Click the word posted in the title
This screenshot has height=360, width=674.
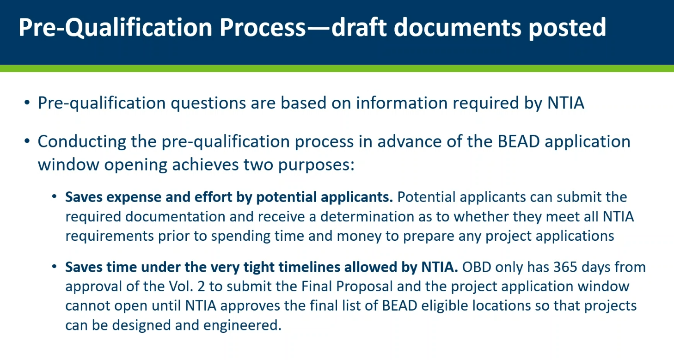[567, 27]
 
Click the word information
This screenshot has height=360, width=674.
[402, 103]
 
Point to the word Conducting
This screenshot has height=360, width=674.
[82, 142]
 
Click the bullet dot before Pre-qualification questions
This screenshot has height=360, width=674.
[27, 103]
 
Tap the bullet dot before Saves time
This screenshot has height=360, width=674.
[54, 267]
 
